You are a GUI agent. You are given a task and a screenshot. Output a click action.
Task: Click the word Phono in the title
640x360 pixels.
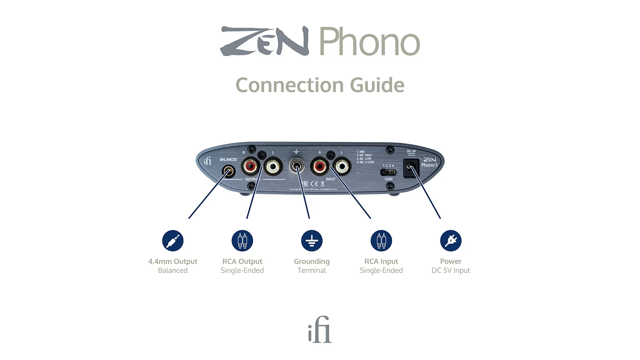tap(369, 42)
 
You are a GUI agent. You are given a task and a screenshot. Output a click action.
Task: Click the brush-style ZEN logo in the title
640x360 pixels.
tap(264, 41)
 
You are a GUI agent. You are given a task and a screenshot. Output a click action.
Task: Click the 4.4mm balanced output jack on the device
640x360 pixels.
tap(229, 172)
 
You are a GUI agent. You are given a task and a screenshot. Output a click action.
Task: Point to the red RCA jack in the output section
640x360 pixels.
tap(250, 166)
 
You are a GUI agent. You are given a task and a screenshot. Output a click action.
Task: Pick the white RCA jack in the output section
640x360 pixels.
tap(273, 166)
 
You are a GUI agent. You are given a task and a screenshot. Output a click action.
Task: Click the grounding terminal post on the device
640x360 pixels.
tap(297, 166)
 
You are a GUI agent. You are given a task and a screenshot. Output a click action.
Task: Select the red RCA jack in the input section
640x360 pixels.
tap(319, 166)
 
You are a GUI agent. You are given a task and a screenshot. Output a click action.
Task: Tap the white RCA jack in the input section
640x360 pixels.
tap(342, 166)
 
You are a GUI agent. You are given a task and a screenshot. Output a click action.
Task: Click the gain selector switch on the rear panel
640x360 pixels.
tap(388, 172)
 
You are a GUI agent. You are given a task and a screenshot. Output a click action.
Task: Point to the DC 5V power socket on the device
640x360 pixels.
tap(411, 167)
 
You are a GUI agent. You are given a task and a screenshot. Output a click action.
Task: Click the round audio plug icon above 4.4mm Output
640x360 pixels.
tap(173, 241)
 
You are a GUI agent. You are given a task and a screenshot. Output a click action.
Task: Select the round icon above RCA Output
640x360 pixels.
tap(242, 241)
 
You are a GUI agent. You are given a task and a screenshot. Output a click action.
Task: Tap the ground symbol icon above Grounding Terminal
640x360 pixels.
tap(312, 241)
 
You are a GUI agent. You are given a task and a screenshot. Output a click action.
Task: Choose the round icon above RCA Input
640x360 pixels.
tap(381, 241)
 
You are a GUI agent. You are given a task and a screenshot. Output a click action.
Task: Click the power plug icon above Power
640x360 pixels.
tap(451, 241)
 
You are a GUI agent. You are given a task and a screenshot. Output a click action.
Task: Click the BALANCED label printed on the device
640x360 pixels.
tap(228, 160)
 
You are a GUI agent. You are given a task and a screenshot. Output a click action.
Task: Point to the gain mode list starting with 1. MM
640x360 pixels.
tap(365, 157)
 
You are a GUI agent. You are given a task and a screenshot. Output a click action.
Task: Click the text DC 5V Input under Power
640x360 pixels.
tap(450, 270)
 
